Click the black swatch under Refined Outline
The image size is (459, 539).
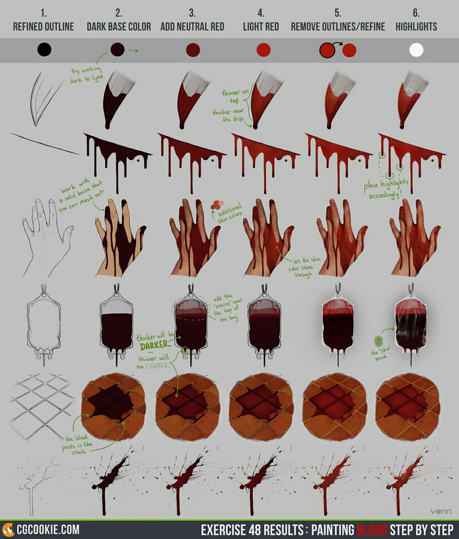pos(45,50)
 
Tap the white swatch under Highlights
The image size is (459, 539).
pos(416,50)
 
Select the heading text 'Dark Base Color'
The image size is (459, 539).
pos(119,27)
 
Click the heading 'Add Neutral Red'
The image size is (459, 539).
pos(192,27)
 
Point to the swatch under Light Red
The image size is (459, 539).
pos(264,50)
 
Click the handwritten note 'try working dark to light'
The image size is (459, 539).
pos(87,75)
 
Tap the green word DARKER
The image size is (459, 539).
pos(154,345)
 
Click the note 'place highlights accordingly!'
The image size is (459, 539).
pos(386,189)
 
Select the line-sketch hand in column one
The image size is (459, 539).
pos(47,238)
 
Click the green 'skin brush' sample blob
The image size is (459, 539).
pos(378,341)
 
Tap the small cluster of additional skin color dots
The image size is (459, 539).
pos(217,205)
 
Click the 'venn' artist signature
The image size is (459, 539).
pos(441,512)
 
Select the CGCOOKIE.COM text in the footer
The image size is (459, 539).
pos(48,530)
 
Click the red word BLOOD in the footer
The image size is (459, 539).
pos(372,530)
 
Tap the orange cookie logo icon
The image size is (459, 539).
pos(8,530)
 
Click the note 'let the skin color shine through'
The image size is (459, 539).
pos(304,267)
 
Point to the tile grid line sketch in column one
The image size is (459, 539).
pos(42,406)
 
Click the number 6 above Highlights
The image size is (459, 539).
pos(416,13)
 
